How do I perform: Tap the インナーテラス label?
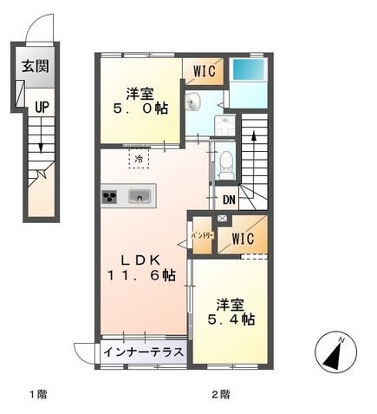click(x=144, y=352)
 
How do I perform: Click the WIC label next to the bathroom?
click(x=205, y=69)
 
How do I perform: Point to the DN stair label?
click(x=228, y=200)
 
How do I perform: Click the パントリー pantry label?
click(x=201, y=237)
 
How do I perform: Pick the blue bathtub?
click(x=250, y=69)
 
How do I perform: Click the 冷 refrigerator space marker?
click(x=139, y=159)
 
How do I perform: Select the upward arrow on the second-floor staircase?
click(x=253, y=136)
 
